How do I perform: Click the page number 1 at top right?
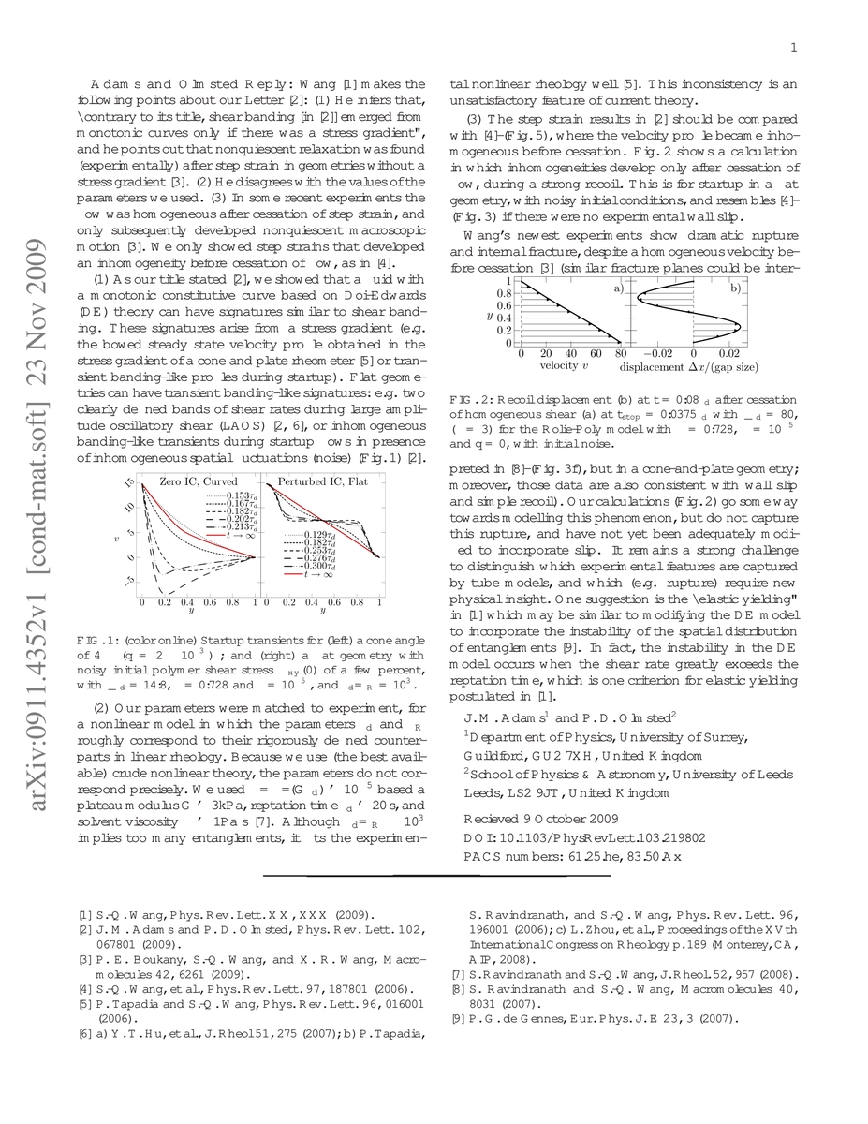point(794,49)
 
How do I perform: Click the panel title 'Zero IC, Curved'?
point(199,481)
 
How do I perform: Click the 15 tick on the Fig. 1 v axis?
point(130,482)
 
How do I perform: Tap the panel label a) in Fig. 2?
point(618,289)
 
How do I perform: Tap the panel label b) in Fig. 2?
point(735,289)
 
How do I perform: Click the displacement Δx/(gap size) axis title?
point(702,366)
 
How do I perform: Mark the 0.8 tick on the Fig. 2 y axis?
point(504,293)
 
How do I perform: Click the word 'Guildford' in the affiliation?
point(495,755)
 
